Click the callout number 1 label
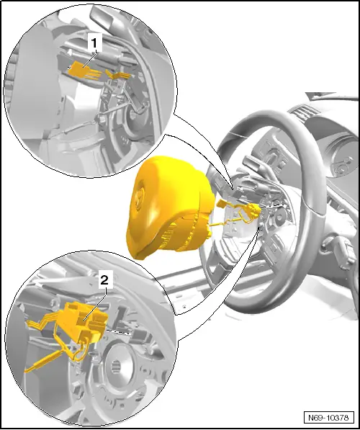coord(92,43)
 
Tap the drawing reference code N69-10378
coord(328,417)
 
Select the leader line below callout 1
coord(89,55)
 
